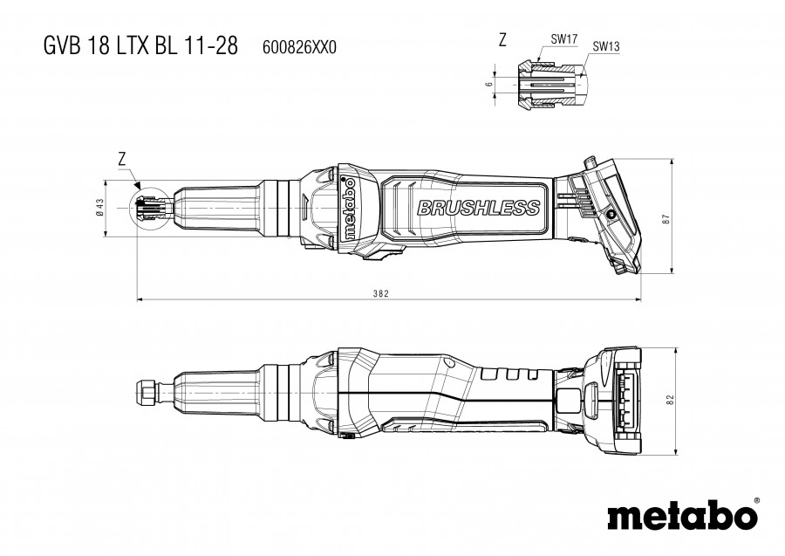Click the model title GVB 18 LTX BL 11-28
140,45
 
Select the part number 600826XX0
299,47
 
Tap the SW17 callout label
564,38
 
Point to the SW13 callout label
606,46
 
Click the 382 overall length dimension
381,293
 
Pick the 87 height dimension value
666,219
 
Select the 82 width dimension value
671,400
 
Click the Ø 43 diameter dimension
99,208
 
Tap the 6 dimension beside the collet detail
489,84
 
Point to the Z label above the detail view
502,39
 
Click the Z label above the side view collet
121,159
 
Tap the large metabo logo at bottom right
682,514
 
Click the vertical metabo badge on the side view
350,208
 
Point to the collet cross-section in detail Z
551,83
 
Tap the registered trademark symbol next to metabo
756,500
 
